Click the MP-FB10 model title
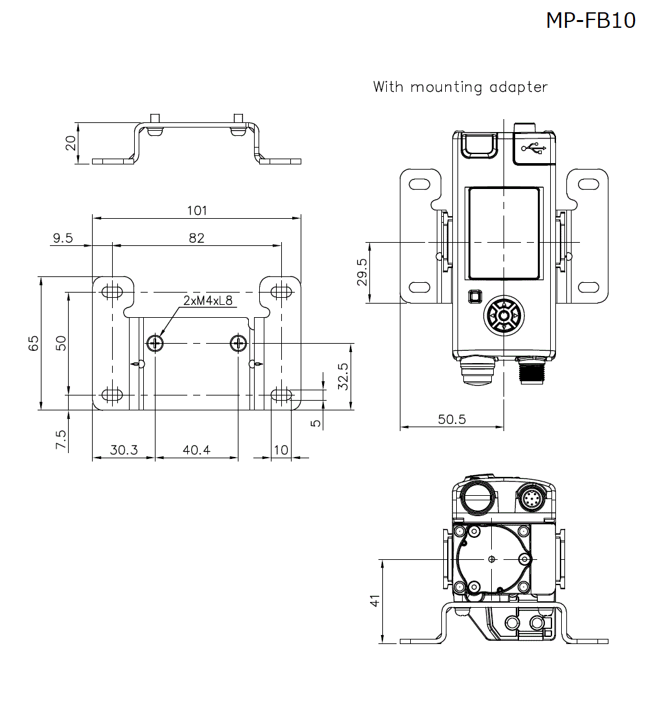[x=590, y=21]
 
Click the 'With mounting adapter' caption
[x=460, y=87]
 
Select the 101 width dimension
[x=196, y=210]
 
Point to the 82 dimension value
[x=196, y=238]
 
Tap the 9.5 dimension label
[x=63, y=238]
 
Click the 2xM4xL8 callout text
[x=207, y=301]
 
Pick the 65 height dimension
[x=34, y=343]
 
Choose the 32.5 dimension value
[x=343, y=376]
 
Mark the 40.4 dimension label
[x=196, y=450]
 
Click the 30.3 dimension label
[x=123, y=450]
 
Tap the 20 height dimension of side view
[x=71, y=142]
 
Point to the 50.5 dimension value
[x=452, y=419]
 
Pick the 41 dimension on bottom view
[x=374, y=601]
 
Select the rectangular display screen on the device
[x=503, y=234]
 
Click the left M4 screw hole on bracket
[x=156, y=342]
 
